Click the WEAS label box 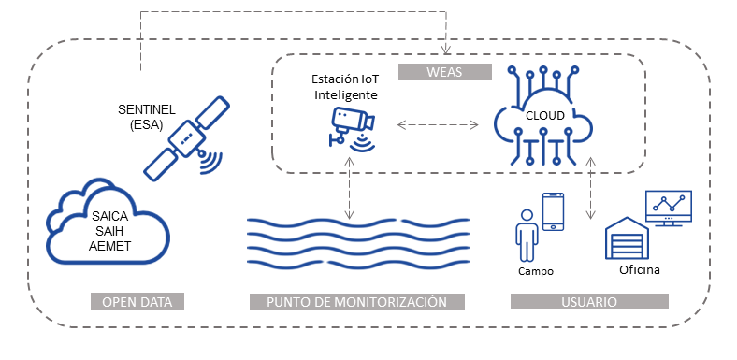pos(444,72)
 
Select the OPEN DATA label pos(137,301)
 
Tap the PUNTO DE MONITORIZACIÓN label pos(356,301)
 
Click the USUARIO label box pos(589,301)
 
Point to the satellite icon pos(184,138)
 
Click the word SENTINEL pos(147,110)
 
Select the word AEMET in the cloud pos(109,246)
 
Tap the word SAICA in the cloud pos(109,217)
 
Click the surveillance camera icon pos(352,129)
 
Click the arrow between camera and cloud pos(438,124)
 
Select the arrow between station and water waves pos(348,188)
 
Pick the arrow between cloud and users pos(591,188)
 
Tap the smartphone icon pos(553,211)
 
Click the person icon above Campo pos(527,235)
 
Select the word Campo pos(536,271)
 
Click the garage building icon pos(627,238)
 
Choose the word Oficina pos(639,270)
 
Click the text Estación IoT pos(345,79)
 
